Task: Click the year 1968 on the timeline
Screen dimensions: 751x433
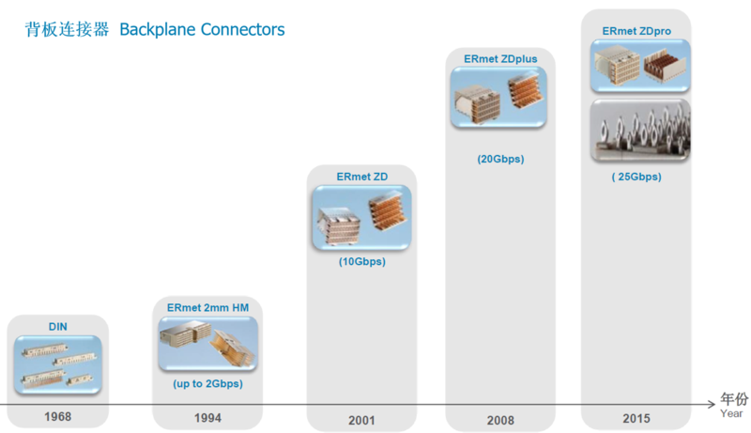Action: (x=58, y=417)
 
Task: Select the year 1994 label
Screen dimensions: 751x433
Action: (x=207, y=418)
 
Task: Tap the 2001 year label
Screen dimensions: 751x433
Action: (x=361, y=421)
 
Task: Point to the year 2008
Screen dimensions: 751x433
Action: (x=500, y=421)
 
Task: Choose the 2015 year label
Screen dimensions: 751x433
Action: (x=636, y=419)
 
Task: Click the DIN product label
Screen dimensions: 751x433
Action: (x=58, y=327)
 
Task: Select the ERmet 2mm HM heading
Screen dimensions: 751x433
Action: (x=207, y=307)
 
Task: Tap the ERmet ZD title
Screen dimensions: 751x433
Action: (x=362, y=177)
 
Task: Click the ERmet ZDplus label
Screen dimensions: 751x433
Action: (x=500, y=59)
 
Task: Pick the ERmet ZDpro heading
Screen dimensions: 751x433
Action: (x=636, y=31)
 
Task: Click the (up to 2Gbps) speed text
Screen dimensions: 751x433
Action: (x=207, y=383)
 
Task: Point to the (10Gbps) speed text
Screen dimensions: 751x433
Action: (x=362, y=261)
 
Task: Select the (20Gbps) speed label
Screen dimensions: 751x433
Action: (x=500, y=159)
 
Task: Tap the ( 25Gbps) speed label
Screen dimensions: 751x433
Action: (x=636, y=177)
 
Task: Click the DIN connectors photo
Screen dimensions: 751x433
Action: (x=58, y=365)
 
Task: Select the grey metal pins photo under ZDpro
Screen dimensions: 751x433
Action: (x=640, y=131)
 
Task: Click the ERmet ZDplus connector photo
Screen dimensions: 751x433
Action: (x=498, y=98)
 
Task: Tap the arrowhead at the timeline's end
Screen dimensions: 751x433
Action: (x=712, y=405)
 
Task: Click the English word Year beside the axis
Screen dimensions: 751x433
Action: (x=731, y=413)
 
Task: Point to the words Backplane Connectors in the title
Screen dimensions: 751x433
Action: (x=202, y=30)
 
